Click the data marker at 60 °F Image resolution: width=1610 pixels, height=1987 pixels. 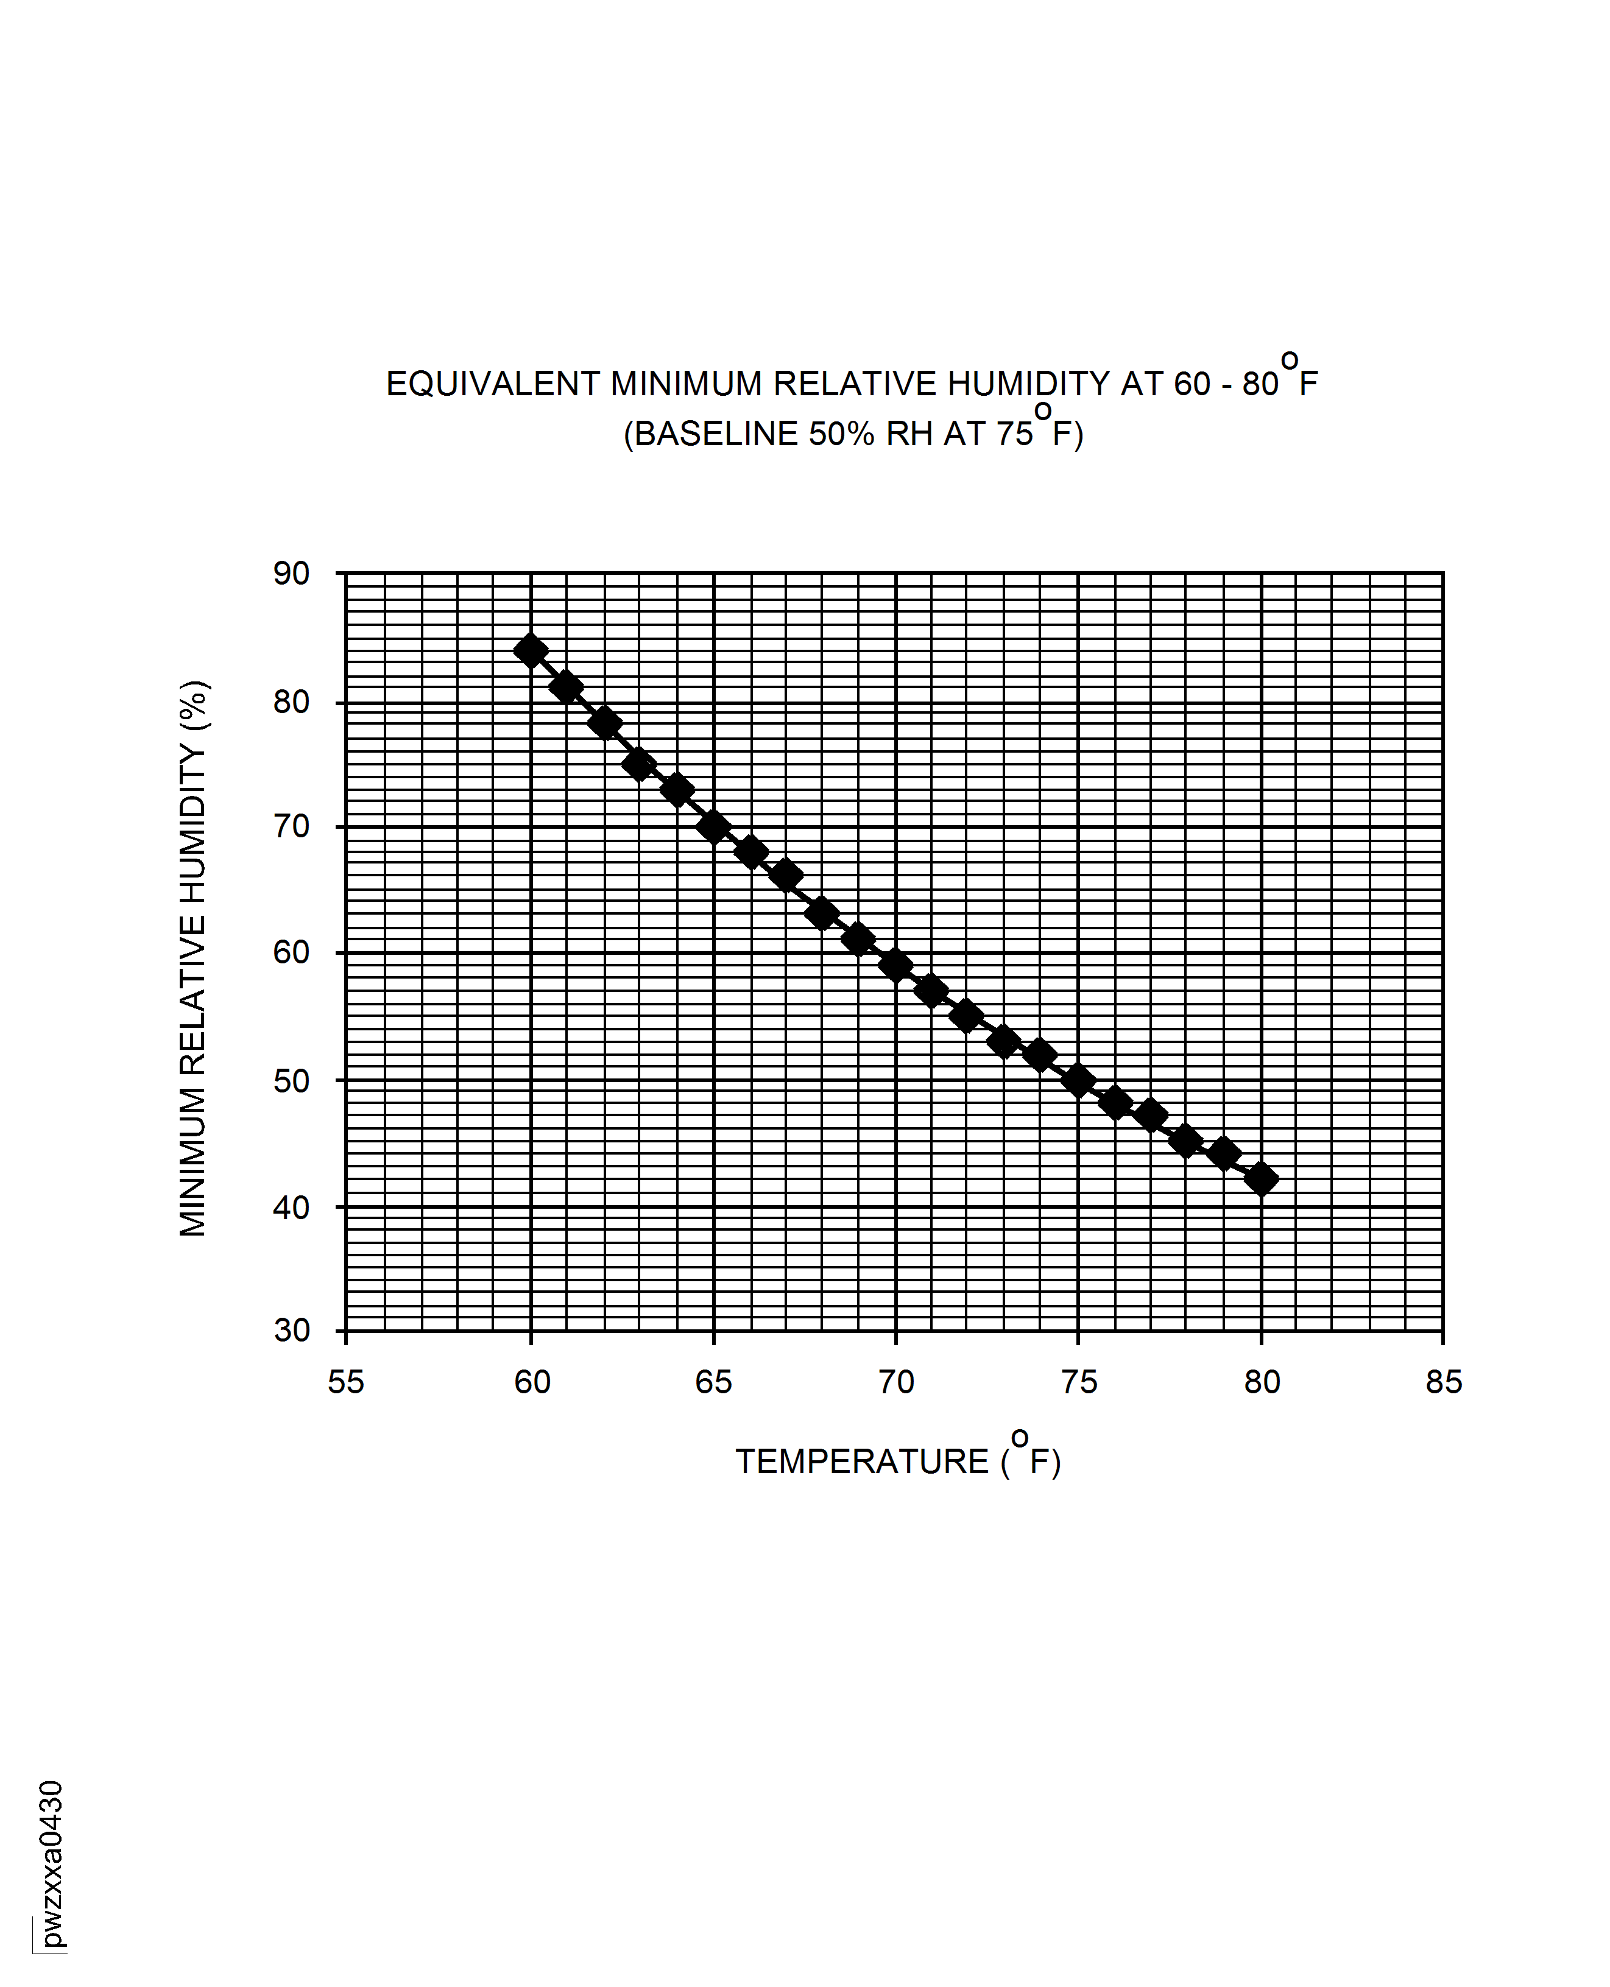531,651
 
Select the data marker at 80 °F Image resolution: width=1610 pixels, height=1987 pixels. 1262,1180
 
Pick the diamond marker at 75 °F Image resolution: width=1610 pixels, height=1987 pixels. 1078,1080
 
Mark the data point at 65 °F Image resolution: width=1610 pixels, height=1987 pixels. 713,826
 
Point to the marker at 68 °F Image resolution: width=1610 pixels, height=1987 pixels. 822,914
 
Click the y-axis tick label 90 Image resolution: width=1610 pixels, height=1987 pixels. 291,574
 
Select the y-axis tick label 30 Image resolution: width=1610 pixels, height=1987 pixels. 291,1331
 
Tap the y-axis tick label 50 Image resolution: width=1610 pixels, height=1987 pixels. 291,1081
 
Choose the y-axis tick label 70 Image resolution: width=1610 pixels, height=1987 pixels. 291,826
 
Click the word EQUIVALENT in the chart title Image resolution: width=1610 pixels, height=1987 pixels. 492,384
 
